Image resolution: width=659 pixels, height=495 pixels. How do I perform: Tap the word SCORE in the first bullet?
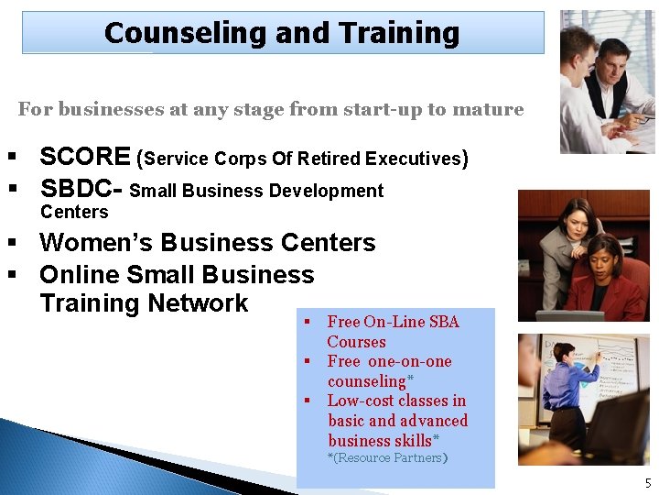[x=84, y=157]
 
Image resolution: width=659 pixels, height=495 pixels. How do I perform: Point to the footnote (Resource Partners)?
[x=388, y=457]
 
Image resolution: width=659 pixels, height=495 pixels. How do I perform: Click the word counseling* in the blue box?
[x=371, y=380]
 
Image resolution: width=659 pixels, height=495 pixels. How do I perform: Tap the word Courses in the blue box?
[x=356, y=342]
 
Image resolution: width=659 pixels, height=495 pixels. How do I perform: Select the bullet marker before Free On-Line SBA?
[x=308, y=322]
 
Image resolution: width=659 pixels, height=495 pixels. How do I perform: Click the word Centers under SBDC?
[x=74, y=212]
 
